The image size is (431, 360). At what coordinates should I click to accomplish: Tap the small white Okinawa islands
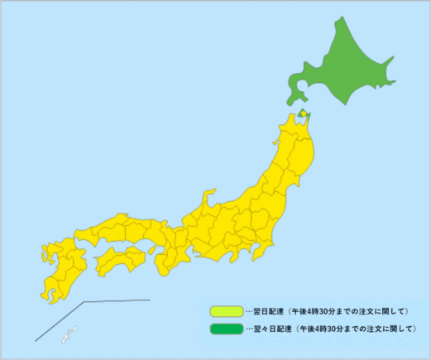(65, 334)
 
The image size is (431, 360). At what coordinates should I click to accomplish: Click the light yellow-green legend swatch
(226, 311)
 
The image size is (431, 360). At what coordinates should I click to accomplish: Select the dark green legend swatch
(226, 329)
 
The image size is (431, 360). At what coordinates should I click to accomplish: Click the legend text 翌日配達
(266, 311)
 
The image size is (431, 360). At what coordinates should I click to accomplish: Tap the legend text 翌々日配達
(270, 329)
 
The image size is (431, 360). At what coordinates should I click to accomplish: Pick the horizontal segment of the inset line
(116, 301)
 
